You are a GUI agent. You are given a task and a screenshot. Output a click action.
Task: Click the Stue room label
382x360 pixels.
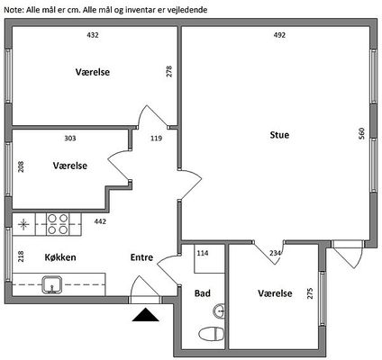[x=279, y=135]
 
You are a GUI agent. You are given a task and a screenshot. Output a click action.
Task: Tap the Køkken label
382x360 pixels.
[x=60, y=257]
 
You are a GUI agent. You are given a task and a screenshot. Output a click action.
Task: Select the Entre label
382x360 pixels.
[x=141, y=257]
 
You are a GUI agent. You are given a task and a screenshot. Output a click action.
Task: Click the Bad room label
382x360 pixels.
[x=203, y=293]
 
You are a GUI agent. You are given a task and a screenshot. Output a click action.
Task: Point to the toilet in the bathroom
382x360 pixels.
[x=212, y=334]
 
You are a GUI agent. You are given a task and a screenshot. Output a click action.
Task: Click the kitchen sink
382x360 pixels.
[x=52, y=284]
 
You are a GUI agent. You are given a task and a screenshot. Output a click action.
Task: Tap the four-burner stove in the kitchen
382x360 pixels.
[x=58, y=224]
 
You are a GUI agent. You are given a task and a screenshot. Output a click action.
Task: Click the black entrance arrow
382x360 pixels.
[x=145, y=315]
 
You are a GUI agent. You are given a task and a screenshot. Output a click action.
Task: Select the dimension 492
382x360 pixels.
[x=279, y=35]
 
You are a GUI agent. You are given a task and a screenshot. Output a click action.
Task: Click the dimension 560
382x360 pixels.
[x=361, y=133]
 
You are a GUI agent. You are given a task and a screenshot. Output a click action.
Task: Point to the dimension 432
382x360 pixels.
[x=93, y=35]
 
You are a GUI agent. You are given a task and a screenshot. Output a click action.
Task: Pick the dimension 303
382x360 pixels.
[x=70, y=139]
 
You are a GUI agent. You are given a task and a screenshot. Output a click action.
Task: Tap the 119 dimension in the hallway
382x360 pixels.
[x=156, y=139]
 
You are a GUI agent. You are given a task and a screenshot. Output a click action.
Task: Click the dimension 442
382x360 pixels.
[x=100, y=221]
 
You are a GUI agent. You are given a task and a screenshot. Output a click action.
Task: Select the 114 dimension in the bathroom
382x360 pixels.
[x=203, y=253]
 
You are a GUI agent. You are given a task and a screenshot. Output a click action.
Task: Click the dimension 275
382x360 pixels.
[x=310, y=293]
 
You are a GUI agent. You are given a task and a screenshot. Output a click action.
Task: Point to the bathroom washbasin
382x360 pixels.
[x=220, y=310]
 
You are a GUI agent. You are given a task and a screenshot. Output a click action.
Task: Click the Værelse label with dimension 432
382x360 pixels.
[x=93, y=72]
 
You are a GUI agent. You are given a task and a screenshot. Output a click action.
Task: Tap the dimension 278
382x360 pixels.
[x=169, y=71]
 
